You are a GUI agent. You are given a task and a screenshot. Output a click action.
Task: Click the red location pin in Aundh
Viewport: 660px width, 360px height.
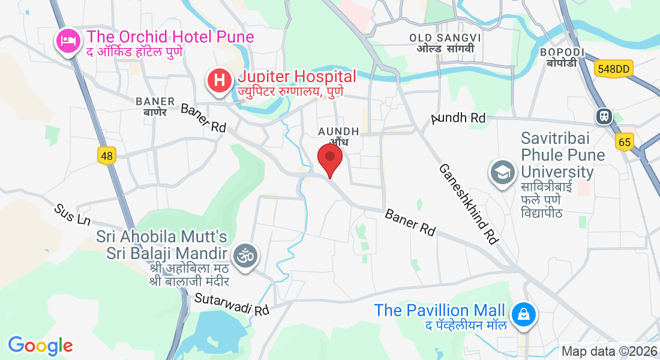[x=329, y=158]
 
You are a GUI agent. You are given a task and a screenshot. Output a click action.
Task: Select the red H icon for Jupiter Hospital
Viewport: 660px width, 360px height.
[x=220, y=80]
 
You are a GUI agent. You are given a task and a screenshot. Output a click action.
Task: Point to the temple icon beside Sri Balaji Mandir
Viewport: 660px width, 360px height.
[x=245, y=254]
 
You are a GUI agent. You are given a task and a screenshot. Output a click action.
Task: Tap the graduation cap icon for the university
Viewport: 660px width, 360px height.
[x=502, y=173]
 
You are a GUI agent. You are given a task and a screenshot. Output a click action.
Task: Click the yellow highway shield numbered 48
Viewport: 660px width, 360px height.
[x=106, y=156]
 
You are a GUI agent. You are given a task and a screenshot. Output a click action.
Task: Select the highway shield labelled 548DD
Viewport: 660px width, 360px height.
[x=613, y=69]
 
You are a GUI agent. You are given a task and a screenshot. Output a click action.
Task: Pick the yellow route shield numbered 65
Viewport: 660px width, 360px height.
[x=624, y=142]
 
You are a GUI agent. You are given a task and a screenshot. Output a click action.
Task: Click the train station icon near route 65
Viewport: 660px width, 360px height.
[x=603, y=115]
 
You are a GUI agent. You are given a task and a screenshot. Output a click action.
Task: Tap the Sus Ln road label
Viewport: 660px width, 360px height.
[x=72, y=214]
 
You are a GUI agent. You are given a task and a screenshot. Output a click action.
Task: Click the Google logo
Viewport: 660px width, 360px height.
[x=40, y=345]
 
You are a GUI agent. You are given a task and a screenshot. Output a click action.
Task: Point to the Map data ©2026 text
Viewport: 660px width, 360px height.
[x=609, y=351]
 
